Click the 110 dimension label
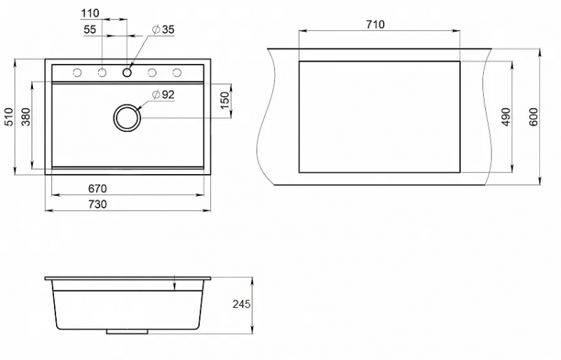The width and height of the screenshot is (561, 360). pos(90,13)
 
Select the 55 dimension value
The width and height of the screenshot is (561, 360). pos(90,29)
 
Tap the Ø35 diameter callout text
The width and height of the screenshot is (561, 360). pos(163,29)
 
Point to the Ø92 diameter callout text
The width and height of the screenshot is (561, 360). pos(163,95)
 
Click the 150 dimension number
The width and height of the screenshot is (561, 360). pos(224,100)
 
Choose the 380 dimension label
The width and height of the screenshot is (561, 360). pos(26,116)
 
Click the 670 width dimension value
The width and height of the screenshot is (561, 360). pos(97,188)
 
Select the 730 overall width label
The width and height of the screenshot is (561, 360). pos(97,204)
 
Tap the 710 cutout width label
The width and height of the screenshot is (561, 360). pos(375,25)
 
